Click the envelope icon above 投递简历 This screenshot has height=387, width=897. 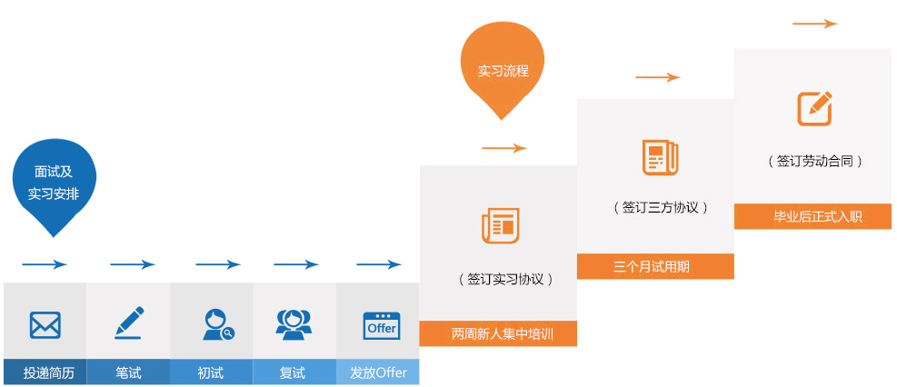point(45,324)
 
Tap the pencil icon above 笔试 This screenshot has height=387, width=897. point(128,323)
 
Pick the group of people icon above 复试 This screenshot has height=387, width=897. point(294,324)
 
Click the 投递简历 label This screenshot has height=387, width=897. point(45,372)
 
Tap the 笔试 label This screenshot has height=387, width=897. point(128,372)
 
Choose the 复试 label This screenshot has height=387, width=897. point(293,372)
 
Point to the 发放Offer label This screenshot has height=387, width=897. point(378,372)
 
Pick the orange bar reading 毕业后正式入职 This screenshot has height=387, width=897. point(812,216)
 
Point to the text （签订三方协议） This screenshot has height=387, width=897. point(660,207)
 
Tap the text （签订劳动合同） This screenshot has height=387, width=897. point(814,161)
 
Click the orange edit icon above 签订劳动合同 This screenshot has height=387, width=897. point(814,109)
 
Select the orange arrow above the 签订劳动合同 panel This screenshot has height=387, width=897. point(814,24)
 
